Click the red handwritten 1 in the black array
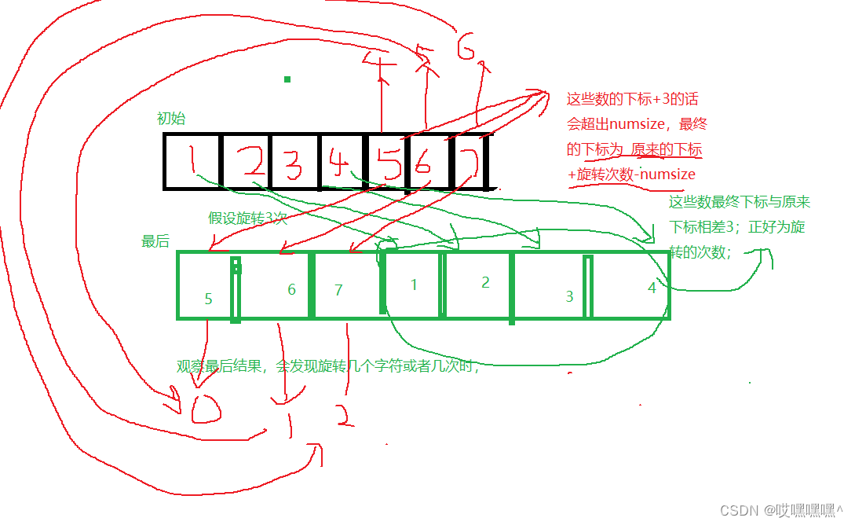(x=192, y=161)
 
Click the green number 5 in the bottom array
(x=208, y=299)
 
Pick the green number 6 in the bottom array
(x=291, y=289)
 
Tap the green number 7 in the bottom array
(x=338, y=290)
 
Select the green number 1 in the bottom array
(x=415, y=285)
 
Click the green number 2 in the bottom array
(x=485, y=282)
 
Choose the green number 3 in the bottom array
(x=570, y=296)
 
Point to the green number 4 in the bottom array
(x=652, y=288)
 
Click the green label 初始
(x=171, y=119)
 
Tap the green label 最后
(x=155, y=241)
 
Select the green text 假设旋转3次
(x=247, y=218)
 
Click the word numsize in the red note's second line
(x=638, y=124)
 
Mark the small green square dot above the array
(x=287, y=79)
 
